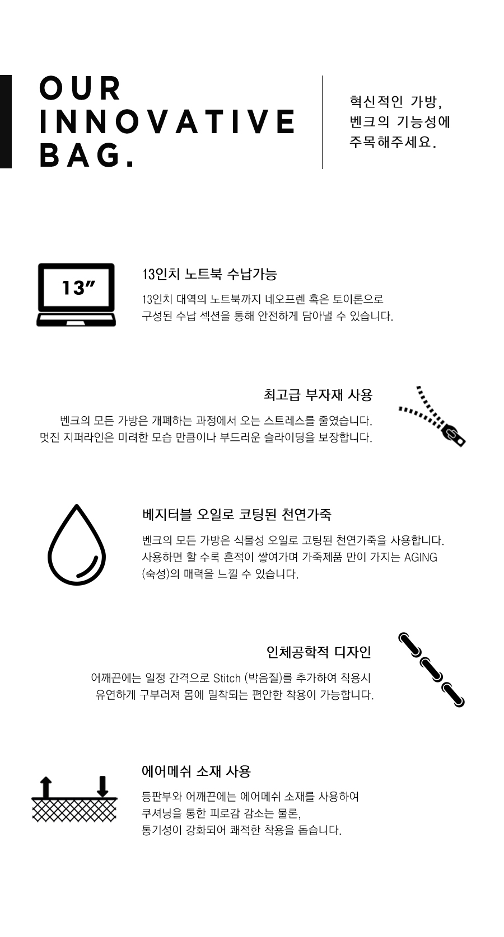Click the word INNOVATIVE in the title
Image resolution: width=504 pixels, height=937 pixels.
167,122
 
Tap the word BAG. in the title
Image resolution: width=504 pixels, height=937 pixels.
87,155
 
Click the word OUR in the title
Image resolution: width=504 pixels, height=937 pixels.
80,88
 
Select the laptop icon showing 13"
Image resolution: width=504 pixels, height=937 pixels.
76,294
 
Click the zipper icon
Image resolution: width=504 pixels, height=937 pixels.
432,417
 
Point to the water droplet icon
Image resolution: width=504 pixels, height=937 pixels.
77,545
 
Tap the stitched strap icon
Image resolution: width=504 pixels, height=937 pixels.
432,670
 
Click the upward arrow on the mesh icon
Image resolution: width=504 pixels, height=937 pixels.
46,787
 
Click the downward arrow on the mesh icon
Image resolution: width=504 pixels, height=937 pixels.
102,786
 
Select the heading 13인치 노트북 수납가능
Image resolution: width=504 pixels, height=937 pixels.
209,275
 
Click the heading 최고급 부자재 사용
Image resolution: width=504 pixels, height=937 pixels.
318,395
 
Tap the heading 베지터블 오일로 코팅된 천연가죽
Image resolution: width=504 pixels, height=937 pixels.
236,514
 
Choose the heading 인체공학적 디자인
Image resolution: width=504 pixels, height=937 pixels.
319,652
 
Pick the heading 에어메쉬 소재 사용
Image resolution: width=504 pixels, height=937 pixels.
197,771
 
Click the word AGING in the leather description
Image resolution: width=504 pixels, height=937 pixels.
420,557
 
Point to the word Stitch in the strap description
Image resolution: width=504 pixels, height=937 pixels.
227,677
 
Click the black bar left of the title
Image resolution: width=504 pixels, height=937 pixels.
6,122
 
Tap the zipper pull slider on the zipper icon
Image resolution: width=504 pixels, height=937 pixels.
454,435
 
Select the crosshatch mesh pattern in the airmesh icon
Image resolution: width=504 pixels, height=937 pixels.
74,809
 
